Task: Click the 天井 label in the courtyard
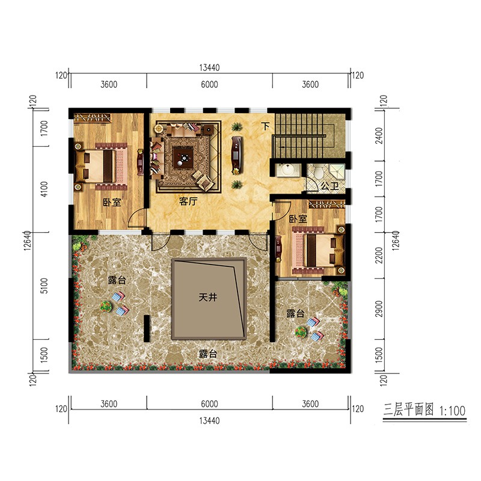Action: [x=207, y=297]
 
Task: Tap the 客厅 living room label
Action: [x=188, y=201]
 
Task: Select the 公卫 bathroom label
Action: [x=329, y=186]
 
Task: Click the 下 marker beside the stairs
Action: [x=265, y=126]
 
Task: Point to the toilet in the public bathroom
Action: [x=319, y=171]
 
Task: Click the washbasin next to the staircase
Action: [x=287, y=170]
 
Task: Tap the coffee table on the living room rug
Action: [x=183, y=158]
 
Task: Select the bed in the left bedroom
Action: [x=101, y=167]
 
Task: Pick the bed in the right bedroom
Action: [x=318, y=250]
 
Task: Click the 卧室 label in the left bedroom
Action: [x=112, y=203]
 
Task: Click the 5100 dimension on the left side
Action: [x=44, y=286]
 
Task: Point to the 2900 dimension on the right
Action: [x=379, y=308]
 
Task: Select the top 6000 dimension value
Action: [x=209, y=84]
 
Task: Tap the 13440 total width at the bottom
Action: [x=209, y=420]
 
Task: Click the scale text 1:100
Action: [x=453, y=411]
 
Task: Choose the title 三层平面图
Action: [x=409, y=409]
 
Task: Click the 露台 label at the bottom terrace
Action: [x=208, y=354]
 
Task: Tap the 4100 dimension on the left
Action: [x=44, y=189]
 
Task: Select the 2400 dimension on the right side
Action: [x=379, y=136]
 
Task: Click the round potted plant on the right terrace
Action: [x=301, y=331]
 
